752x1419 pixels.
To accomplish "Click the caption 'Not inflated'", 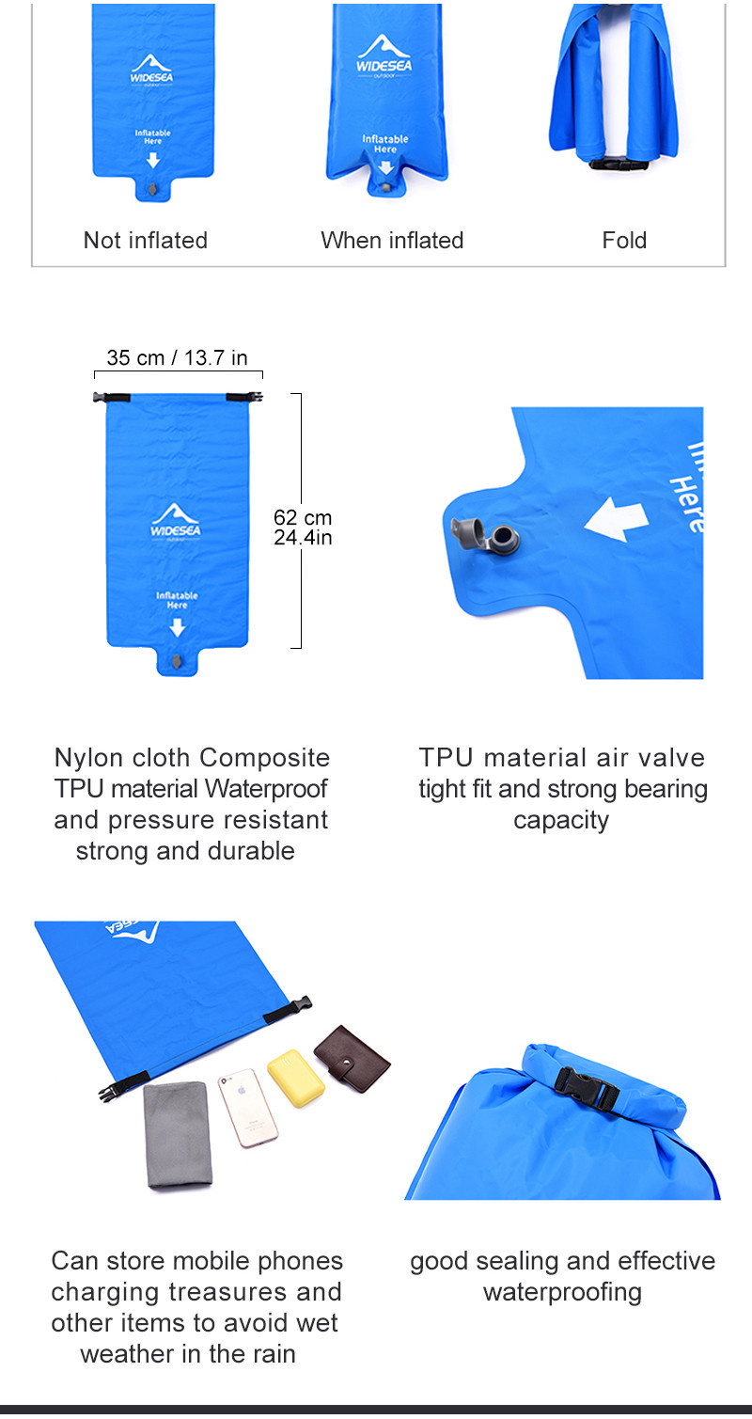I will click(x=146, y=240).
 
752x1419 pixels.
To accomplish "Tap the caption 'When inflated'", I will click(x=392, y=240).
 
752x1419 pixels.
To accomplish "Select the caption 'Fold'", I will click(x=624, y=240).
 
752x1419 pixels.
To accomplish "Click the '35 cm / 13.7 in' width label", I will click(x=177, y=357).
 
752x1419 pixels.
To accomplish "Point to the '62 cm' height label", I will click(x=303, y=517).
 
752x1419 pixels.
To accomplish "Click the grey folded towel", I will click(x=179, y=1134).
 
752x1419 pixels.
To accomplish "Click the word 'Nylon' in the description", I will click(x=89, y=758).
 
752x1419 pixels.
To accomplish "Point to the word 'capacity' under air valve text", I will click(x=561, y=820).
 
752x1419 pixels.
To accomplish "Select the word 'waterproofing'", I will click(x=562, y=1292).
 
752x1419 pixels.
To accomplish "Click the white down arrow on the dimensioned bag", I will click(x=177, y=627).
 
